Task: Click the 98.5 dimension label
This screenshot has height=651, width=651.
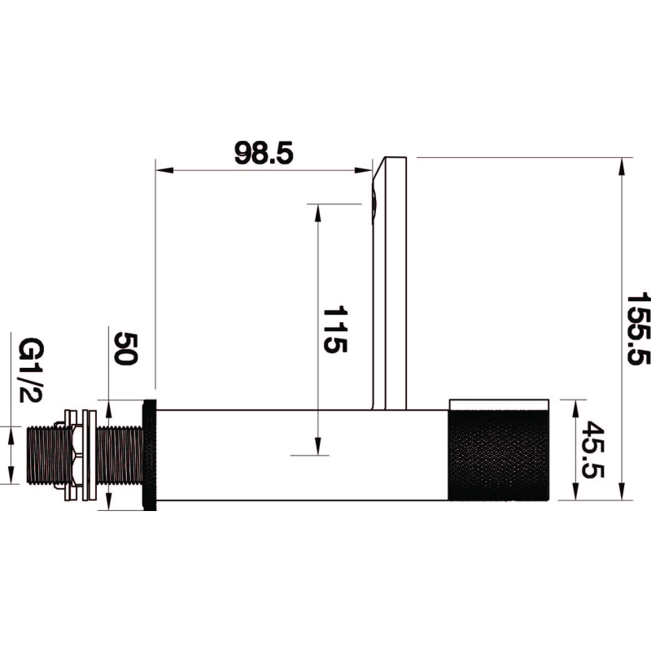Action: click(x=264, y=153)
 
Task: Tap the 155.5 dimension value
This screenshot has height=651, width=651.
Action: click(x=639, y=329)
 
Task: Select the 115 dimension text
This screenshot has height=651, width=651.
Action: click(x=334, y=330)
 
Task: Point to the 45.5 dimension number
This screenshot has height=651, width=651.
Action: click(x=592, y=450)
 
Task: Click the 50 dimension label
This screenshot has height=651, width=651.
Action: click(x=125, y=348)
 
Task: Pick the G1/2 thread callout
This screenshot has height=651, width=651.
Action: click(x=31, y=370)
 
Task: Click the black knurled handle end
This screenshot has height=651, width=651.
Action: click(x=499, y=455)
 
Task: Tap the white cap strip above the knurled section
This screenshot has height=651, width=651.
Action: click(x=499, y=405)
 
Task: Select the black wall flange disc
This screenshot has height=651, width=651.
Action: click(x=150, y=455)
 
